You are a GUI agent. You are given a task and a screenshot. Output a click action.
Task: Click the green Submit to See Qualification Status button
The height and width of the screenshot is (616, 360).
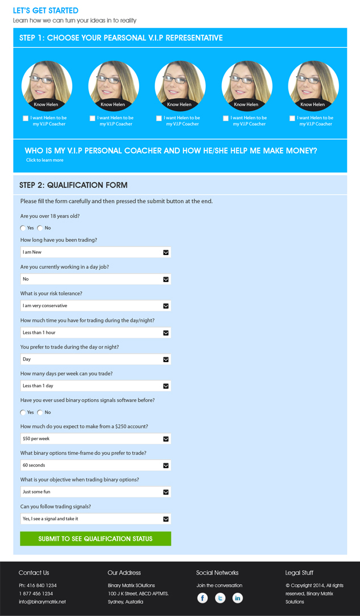(x=95, y=538)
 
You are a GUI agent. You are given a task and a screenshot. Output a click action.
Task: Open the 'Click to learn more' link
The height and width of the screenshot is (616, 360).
(x=45, y=160)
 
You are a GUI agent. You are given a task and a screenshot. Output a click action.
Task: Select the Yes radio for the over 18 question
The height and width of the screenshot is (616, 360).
(x=23, y=228)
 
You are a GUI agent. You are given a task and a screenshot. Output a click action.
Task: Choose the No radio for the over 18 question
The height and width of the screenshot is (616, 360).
(x=40, y=228)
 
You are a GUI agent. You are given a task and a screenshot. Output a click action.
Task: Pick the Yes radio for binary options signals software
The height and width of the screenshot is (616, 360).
(x=23, y=413)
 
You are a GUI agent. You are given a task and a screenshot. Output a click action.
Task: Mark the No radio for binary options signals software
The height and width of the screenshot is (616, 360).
(x=40, y=413)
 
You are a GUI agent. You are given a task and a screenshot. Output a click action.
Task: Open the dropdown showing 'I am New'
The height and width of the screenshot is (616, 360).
(x=95, y=252)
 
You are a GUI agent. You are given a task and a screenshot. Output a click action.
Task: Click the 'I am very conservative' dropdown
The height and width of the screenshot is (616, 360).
(x=95, y=305)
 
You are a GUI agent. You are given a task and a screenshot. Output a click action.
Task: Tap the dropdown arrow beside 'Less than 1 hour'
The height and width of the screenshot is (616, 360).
(x=166, y=333)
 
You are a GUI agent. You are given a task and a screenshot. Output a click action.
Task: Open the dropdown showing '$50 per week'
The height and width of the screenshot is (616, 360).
(x=95, y=439)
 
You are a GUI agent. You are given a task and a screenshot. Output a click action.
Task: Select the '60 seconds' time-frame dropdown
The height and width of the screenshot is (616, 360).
(x=95, y=466)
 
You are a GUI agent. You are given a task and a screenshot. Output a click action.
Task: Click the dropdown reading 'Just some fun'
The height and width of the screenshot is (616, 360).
(x=95, y=492)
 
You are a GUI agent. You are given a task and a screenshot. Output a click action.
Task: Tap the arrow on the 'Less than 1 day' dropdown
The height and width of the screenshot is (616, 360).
(x=166, y=386)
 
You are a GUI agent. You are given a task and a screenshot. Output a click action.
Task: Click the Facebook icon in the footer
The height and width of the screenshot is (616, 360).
(x=203, y=598)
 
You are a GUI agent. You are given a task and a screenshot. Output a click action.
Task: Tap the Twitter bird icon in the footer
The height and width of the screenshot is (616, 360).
(x=220, y=598)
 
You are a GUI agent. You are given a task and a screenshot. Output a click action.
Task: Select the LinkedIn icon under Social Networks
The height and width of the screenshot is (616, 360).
(x=237, y=598)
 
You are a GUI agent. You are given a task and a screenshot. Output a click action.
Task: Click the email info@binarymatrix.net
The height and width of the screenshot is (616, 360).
(x=42, y=602)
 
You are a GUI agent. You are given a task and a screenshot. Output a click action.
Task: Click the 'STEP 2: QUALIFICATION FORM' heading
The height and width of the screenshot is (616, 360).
(x=73, y=185)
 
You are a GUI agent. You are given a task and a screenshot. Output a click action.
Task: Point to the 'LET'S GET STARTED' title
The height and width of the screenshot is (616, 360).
(x=45, y=11)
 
